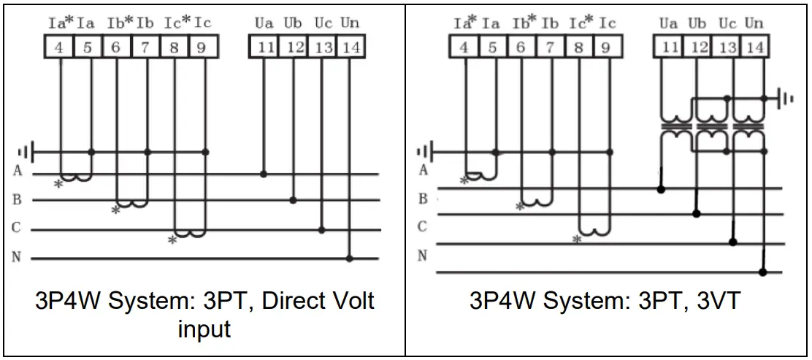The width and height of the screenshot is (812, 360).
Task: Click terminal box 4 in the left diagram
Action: [59, 47]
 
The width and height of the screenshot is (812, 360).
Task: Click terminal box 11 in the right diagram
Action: [670, 47]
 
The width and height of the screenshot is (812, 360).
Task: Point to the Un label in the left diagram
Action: [350, 23]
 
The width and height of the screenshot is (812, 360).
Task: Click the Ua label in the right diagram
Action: [668, 23]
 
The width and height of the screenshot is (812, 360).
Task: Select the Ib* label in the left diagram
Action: [120, 23]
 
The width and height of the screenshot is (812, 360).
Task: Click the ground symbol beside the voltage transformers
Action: [786, 98]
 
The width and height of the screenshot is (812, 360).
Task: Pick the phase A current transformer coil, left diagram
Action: [76, 177]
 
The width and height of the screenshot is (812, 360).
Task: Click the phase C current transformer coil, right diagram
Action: [594, 231]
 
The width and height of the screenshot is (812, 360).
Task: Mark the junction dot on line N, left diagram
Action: [350, 258]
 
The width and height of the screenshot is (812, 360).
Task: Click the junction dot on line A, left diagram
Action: [263, 174]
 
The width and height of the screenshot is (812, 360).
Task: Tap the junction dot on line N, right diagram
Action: [763, 272]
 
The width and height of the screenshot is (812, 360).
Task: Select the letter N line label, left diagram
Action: [17, 257]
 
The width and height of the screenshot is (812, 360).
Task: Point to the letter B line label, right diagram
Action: [423, 199]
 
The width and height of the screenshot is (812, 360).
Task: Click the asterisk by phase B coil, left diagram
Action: [115, 210]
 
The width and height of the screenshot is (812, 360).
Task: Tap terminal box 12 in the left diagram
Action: [293, 47]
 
